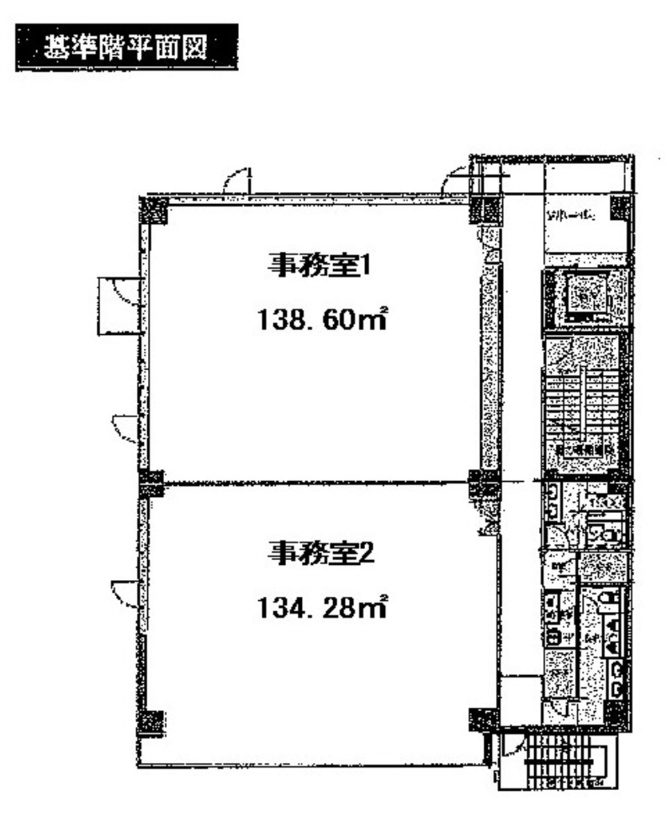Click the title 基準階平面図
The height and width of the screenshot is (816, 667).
126,47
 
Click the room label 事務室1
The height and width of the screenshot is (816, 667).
320,265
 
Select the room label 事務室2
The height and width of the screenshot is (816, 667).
320,552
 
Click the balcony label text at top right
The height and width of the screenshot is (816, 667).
571,217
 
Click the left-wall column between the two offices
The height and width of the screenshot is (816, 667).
151,483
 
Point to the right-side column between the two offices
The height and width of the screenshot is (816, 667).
484,483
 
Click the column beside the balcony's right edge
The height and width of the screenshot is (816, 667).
621,208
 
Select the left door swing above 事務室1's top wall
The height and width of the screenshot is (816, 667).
237,180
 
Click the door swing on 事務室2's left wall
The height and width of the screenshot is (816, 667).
125,593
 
